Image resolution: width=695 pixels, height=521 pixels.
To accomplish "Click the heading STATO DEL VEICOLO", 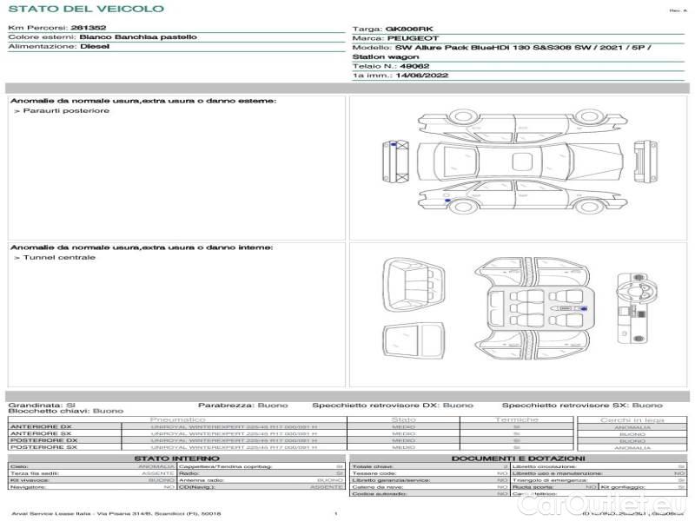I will pyautogui.click(x=86, y=9).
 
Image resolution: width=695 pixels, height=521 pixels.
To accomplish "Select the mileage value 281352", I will pyautogui.click(x=89, y=28).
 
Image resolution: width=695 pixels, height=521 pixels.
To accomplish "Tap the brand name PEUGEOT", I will pyautogui.click(x=413, y=38).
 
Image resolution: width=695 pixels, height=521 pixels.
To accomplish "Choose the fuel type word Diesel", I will pyautogui.click(x=95, y=47).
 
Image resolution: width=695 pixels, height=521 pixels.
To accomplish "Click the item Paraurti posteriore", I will pyautogui.click(x=66, y=111).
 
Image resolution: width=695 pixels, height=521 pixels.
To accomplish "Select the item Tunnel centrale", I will pyautogui.click(x=59, y=258).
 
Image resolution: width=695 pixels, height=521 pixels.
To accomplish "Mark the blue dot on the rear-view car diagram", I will pyautogui.click(x=393, y=144).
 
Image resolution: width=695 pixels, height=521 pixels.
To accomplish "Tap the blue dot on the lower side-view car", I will pyautogui.click(x=447, y=201).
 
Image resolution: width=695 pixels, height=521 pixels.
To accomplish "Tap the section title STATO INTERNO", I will pyautogui.click(x=170, y=458).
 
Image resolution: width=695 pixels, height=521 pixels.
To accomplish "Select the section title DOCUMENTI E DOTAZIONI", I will pyautogui.click(x=518, y=458).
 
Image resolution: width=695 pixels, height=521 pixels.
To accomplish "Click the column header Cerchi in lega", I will pyautogui.click(x=632, y=420).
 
